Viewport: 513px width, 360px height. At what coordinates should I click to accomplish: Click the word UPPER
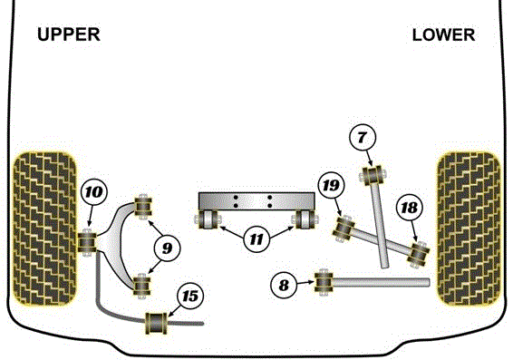(68, 35)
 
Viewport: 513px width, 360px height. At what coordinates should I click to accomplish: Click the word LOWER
(442, 35)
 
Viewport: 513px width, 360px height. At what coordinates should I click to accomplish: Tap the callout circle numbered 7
(362, 139)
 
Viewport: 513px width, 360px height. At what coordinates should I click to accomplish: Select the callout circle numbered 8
(284, 284)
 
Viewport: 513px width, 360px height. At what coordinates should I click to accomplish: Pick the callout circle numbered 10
(93, 191)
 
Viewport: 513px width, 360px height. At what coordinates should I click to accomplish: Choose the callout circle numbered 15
(190, 295)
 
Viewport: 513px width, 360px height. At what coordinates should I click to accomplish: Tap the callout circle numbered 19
(330, 186)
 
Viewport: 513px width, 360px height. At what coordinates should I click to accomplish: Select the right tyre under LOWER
(468, 227)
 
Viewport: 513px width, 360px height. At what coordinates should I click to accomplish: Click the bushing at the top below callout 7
(373, 172)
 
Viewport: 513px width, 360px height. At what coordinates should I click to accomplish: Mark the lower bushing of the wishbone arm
(142, 286)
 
